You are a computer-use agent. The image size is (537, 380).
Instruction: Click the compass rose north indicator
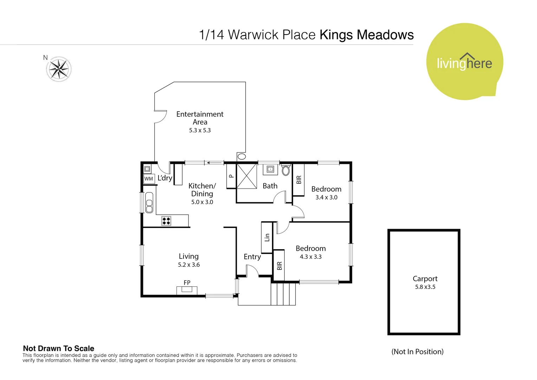coord(59,69)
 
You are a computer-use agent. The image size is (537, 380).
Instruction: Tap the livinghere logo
coord(464,62)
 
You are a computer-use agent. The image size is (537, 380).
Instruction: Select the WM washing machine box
coord(149,179)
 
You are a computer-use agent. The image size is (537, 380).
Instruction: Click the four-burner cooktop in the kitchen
coord(166,221)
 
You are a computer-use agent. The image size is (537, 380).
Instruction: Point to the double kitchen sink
coord(149,203)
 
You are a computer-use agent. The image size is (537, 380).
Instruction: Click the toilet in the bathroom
coord(286,171)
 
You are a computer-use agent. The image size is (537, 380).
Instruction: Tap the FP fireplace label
coord(187,283)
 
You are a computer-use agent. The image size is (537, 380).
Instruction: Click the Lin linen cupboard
coord(267,237)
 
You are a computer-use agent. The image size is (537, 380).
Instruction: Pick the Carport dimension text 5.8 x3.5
coord(425,287)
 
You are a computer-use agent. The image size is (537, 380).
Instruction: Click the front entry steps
coord(283,294)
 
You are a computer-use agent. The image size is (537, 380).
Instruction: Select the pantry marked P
coord(231,176)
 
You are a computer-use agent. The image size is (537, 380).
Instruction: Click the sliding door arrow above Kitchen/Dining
coord(214,163)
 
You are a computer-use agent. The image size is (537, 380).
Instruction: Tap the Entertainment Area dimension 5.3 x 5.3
coord(200,130)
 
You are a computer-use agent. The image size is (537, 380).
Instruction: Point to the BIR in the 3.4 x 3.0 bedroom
coord(299,180)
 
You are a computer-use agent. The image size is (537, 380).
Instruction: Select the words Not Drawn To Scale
coord(58,348)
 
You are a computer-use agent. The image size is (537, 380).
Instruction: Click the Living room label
coord(189,256)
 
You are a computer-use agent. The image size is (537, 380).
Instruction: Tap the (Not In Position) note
coord(418,351)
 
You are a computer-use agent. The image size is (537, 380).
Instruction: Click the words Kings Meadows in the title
coord(367,35)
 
